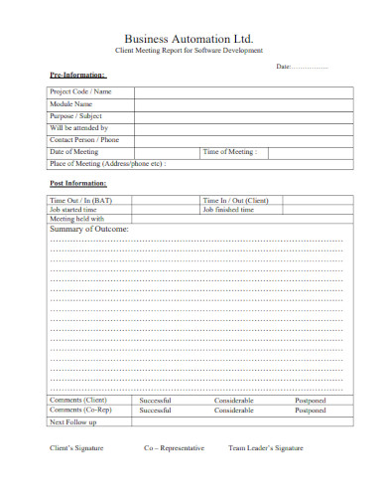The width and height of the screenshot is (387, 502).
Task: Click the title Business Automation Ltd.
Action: coord(193,37)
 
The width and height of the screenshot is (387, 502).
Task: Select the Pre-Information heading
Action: coord(77,76)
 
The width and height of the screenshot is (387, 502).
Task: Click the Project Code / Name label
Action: coord(80,92)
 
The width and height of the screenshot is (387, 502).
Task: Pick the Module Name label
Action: coord(71,104)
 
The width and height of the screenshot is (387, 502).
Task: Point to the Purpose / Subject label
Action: coord(75,116)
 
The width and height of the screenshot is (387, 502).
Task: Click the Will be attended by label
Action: coord(78,128)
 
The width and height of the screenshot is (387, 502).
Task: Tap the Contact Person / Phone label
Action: coord(84,140)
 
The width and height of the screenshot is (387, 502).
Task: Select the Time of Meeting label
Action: coord(229,152)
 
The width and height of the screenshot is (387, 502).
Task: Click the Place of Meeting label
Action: coord(108,164)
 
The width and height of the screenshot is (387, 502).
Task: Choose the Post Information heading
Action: coord(78,185)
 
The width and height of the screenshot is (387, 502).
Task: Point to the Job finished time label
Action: coord(233,211)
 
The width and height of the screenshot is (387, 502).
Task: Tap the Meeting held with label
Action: coord(76,220)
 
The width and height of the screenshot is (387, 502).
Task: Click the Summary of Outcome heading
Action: coord(88,230)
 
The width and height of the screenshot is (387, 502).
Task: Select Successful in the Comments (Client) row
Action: coord(156,401)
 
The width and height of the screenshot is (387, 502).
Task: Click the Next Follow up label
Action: coord(72,422)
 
